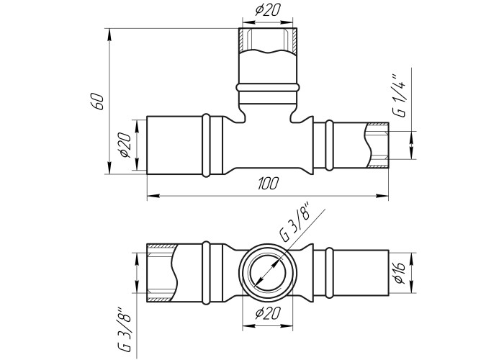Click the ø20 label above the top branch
(268, 10)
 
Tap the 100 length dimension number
(267, 184)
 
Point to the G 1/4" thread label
(399, 96)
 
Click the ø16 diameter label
(399, 273)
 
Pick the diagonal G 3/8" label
(295, 222)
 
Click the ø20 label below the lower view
(268, 313)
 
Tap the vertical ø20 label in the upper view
(125, 145)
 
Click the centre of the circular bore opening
(267, 273)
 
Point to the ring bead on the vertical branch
(268, 87)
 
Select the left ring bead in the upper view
(207, 145)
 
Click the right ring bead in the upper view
(329, 145)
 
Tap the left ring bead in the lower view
(207, 273)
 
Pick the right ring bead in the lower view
(329, 273)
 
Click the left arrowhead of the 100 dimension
(153, 195)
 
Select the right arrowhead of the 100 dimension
(382, 195)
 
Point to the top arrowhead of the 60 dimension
(109, 35)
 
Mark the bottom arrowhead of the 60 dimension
(109, 168)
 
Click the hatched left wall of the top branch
(242, 40)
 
